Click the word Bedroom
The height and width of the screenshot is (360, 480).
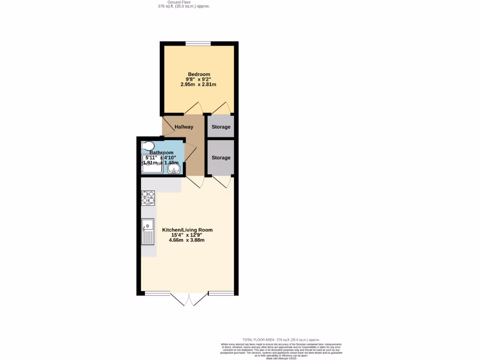point(199,74)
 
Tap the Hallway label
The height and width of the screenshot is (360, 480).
point(184,127)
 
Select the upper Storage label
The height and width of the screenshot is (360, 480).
point(221,127)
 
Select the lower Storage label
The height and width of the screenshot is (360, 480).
point(221,157)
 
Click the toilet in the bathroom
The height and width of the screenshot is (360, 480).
point(147,145)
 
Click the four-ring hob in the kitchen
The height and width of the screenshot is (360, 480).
point(148,198)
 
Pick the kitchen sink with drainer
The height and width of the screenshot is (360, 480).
point(148,232)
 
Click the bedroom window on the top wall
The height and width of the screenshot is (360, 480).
point(198,44)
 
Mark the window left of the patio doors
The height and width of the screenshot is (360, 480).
point(157,294)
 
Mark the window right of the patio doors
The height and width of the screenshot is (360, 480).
point(221,294)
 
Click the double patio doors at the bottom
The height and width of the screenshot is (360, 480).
point(189,299)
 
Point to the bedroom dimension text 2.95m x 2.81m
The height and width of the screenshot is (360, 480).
point(198,84)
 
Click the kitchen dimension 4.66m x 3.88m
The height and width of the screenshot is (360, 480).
point(187,240)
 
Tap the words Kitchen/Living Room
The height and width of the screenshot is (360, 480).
point(187,230)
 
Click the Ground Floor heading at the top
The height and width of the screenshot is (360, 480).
point(184,2)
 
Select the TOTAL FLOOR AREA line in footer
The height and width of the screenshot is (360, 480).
point(281,339)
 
